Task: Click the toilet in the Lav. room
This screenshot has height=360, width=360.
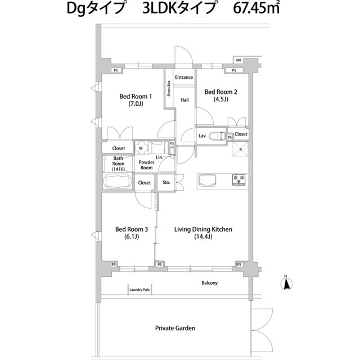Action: tap(219, 136)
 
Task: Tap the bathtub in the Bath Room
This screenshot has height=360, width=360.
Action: tap(118, 181)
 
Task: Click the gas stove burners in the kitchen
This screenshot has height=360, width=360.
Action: tap(238, 180)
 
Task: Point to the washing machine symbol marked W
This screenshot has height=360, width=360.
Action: tap(141, 148)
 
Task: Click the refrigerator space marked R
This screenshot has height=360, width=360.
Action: tap(240, 149)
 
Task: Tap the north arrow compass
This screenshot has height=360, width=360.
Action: tap(286, 283)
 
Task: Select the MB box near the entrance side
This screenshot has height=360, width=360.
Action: tap(238, 60)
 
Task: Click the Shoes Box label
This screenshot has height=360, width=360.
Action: tap(169, 88)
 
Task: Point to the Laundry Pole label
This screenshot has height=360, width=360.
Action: tap(139, 290)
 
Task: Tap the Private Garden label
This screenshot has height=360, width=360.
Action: tap(175, 328)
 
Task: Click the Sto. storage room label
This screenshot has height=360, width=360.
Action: tap(166, 182)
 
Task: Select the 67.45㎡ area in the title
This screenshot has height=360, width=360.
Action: tap(256, 8)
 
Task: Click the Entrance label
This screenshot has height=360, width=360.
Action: tap(184, 77)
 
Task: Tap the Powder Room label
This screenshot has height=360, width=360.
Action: tap(146, 165)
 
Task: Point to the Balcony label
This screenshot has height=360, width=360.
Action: tap(210, 283)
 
